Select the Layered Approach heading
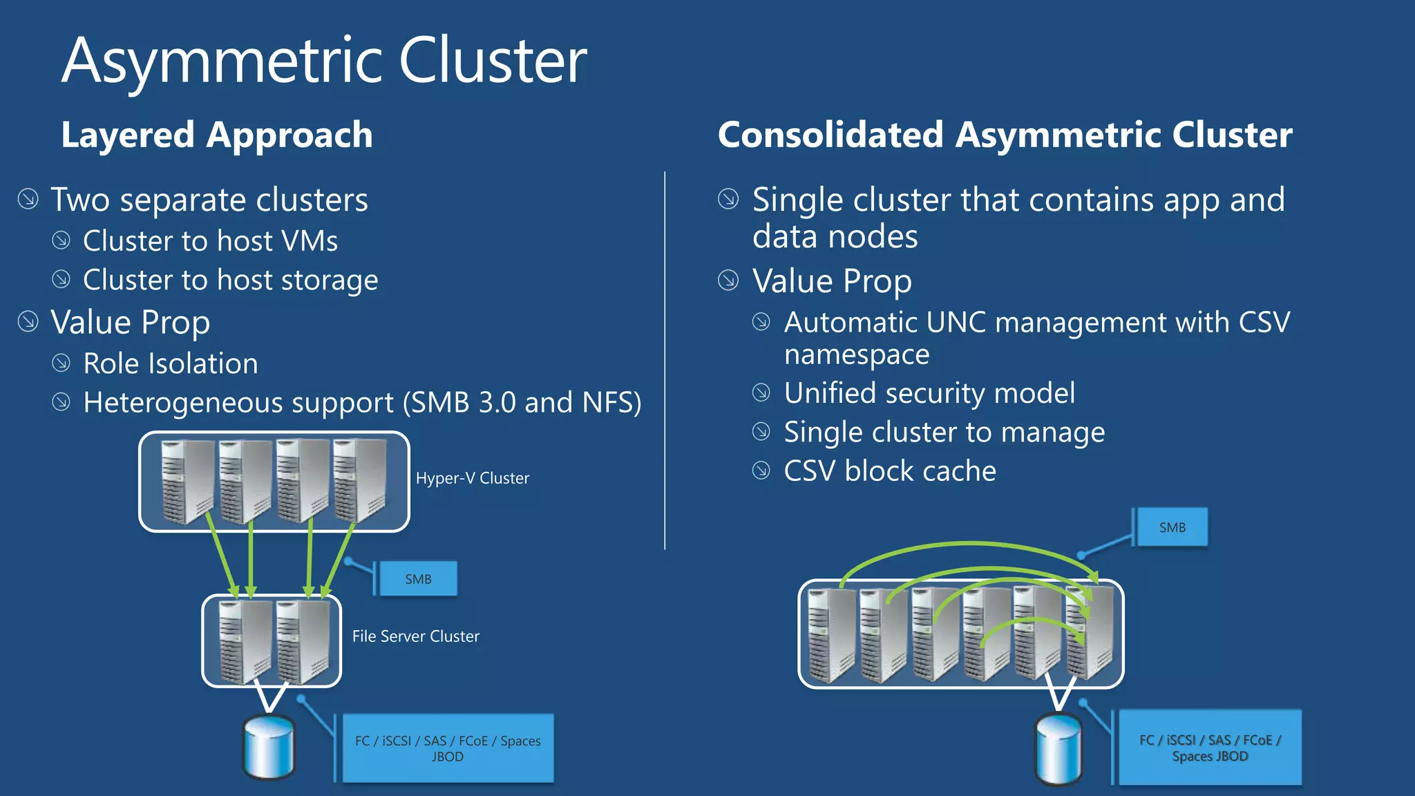pos(216,135)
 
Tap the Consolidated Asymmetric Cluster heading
pos(1004,135)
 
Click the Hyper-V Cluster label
pos(472,478)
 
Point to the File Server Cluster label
pos(415,636)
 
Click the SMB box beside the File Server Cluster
pos(417,579)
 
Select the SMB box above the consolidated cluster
pos(1172,527)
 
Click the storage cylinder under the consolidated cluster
pos(1058,750)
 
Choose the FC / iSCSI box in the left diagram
pos(448,748)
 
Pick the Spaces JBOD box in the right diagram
pos(1209,748)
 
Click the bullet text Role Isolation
pos(170,363)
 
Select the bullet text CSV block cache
pos(889,471)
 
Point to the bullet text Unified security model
pos(929,393)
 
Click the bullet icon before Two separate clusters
pos(28,199)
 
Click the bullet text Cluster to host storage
pos(230,280)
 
